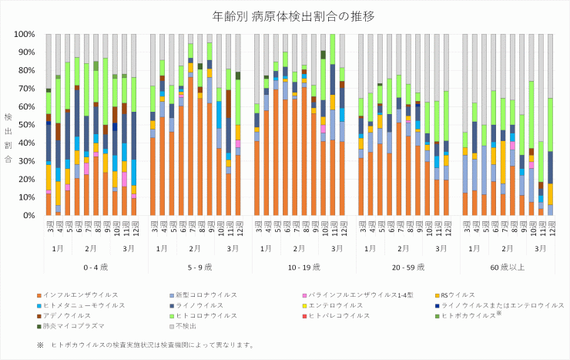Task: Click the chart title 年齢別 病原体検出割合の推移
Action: [x=284, y=15]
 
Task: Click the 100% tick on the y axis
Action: [x=24, y=35]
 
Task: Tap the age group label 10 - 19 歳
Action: [x=302, y=266]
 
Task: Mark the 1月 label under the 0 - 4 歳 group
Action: [x=59, y=249]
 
